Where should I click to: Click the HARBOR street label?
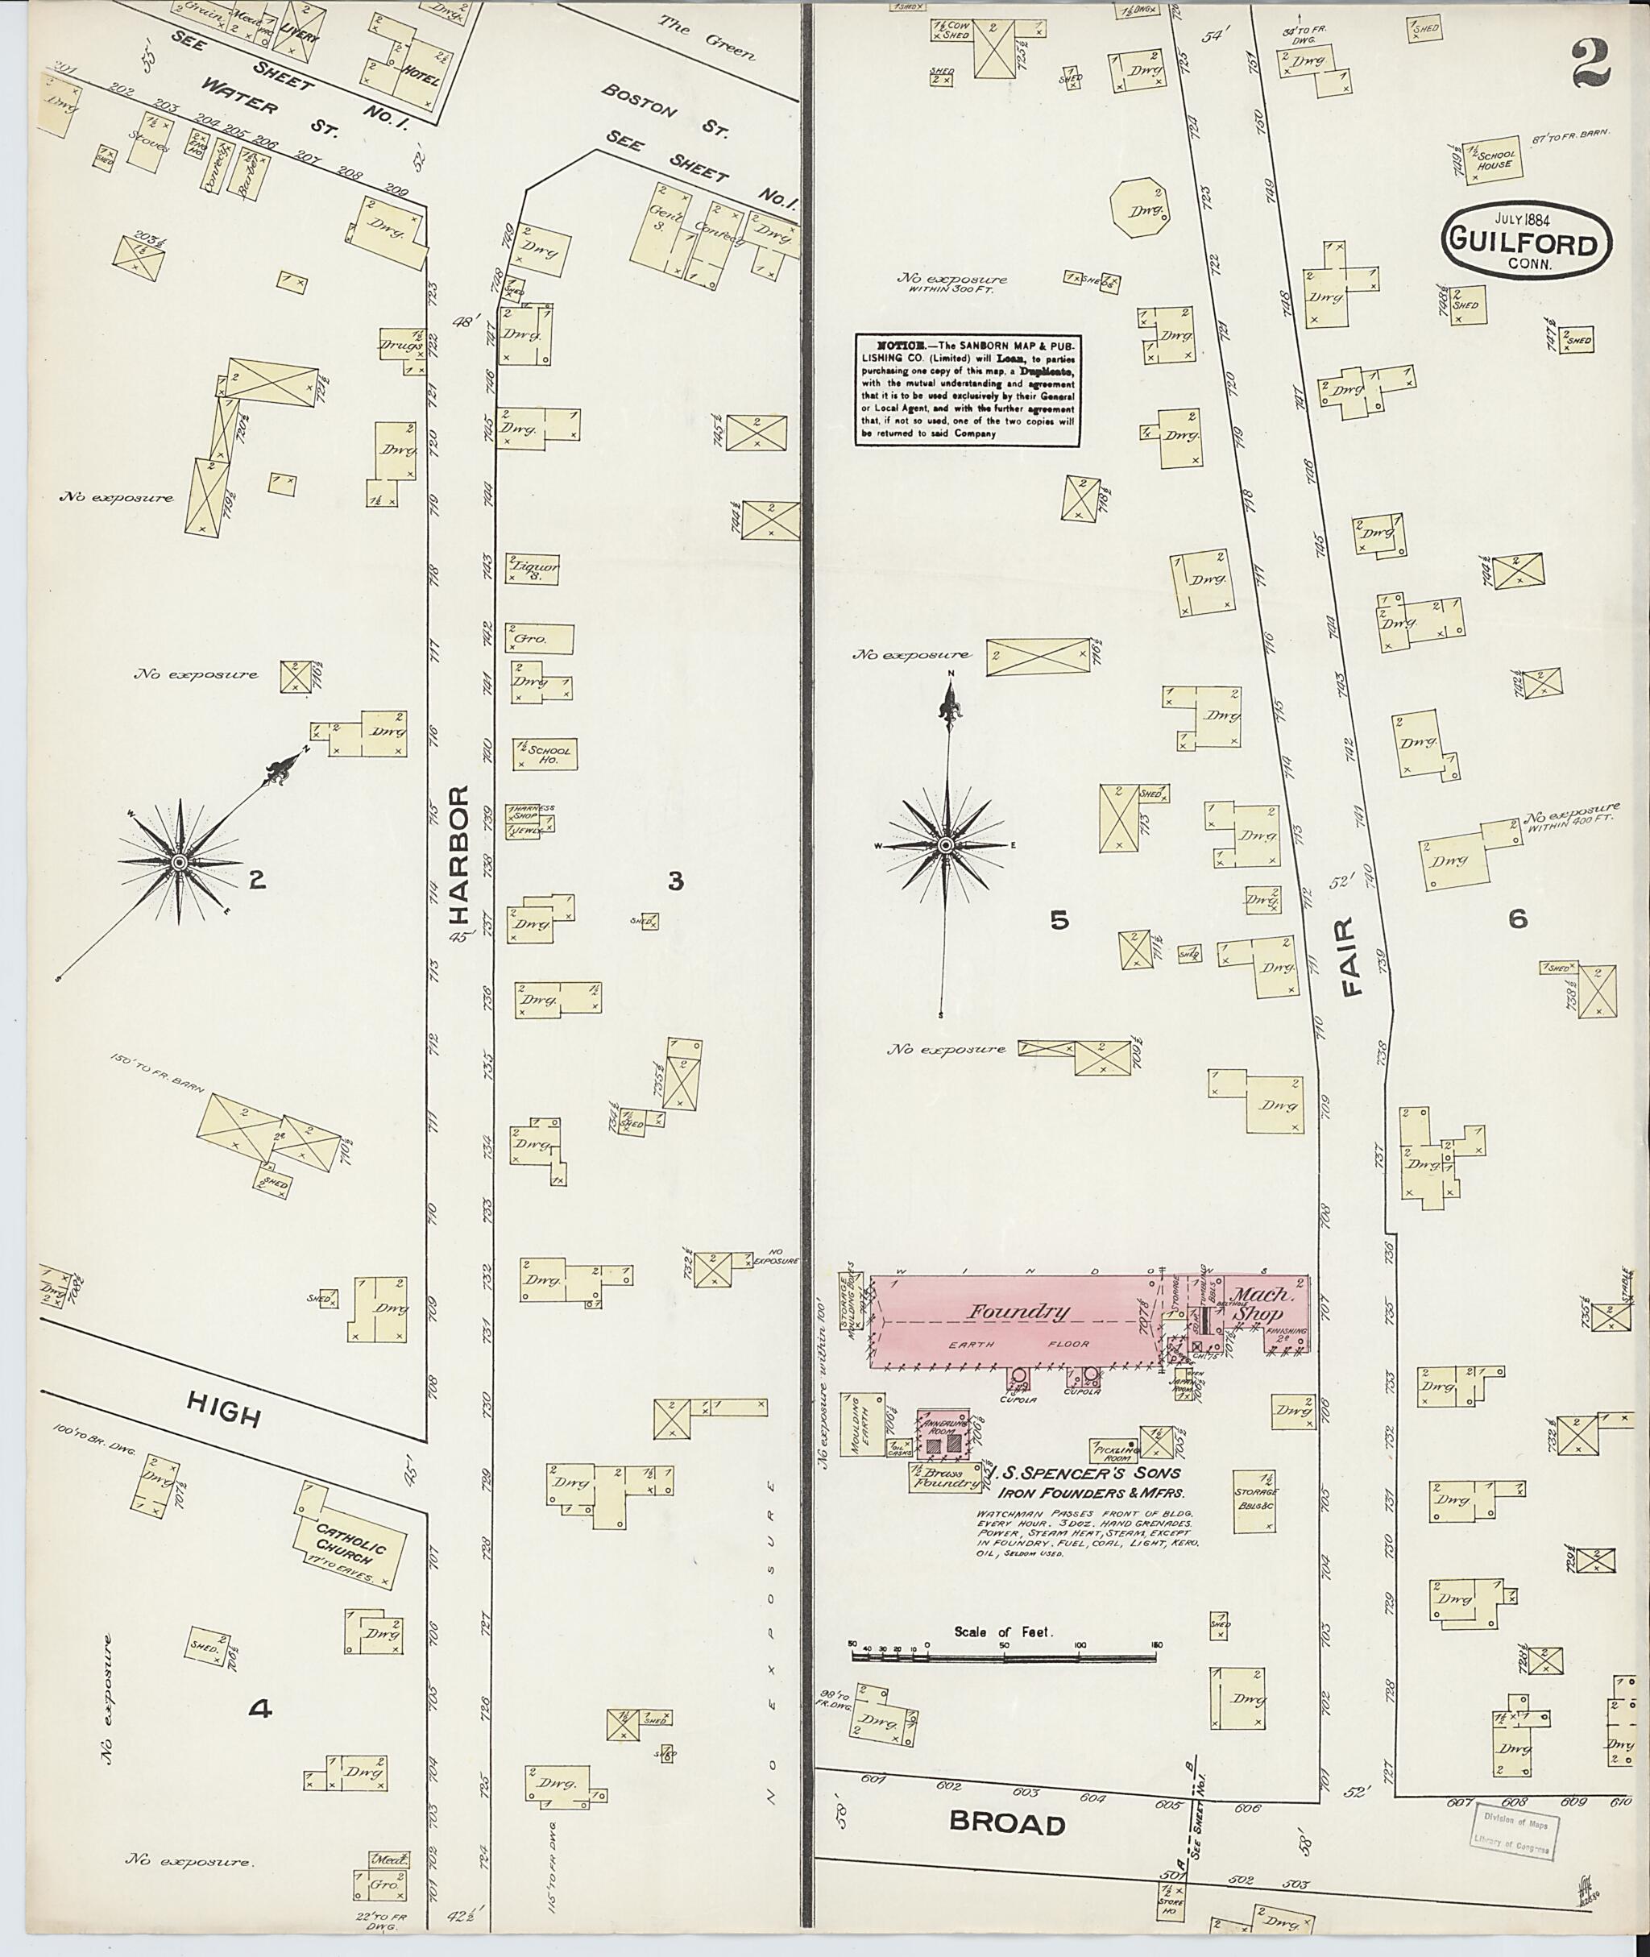coord(458,852)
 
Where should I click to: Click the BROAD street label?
coord(1006,1823)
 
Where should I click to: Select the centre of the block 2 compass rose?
coord(179,861)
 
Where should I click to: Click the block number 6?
coord(1517,918)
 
